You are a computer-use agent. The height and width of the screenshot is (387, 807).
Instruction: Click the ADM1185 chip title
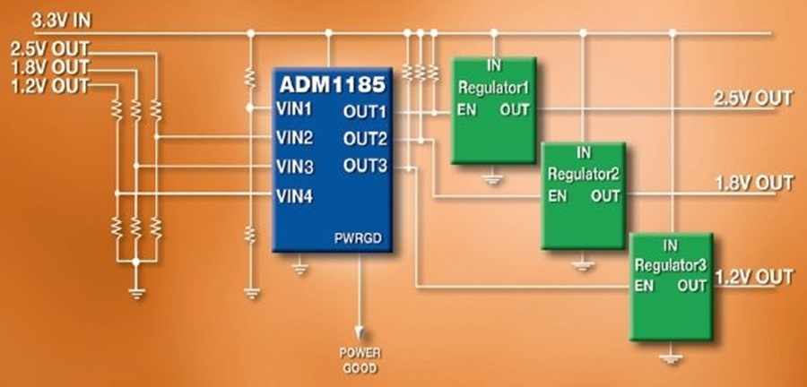pos(333,86)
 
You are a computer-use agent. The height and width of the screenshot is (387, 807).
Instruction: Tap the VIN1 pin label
pos(294,110)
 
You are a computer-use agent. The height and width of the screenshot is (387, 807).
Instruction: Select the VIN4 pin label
pos(294,196)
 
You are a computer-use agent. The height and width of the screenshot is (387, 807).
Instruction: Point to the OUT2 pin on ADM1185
pos(364,139)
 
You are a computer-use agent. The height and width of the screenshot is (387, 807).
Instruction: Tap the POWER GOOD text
pos(359,359)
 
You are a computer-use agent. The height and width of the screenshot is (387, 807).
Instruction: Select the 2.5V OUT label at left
pos(49,48)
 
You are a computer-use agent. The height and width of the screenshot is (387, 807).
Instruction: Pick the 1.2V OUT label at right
pos(754,277)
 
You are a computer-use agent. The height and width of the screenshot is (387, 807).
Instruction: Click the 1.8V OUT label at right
pos(754,184)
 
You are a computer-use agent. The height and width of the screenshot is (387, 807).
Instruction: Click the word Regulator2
pos(584,174)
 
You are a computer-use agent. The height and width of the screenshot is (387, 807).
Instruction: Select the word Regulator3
pos(672,265)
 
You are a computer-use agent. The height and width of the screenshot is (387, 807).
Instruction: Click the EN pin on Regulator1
pos(467,110)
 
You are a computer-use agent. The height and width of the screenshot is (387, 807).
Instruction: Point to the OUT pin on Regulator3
pos(693,287)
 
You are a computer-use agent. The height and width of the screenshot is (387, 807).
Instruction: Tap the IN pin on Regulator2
pos(584,153)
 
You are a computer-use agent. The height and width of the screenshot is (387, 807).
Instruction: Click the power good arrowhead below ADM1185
pos(359,331)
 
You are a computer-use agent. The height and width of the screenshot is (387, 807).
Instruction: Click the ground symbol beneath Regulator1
pos(491,179)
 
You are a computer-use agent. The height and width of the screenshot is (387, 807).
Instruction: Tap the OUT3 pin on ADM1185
pos(364,166)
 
